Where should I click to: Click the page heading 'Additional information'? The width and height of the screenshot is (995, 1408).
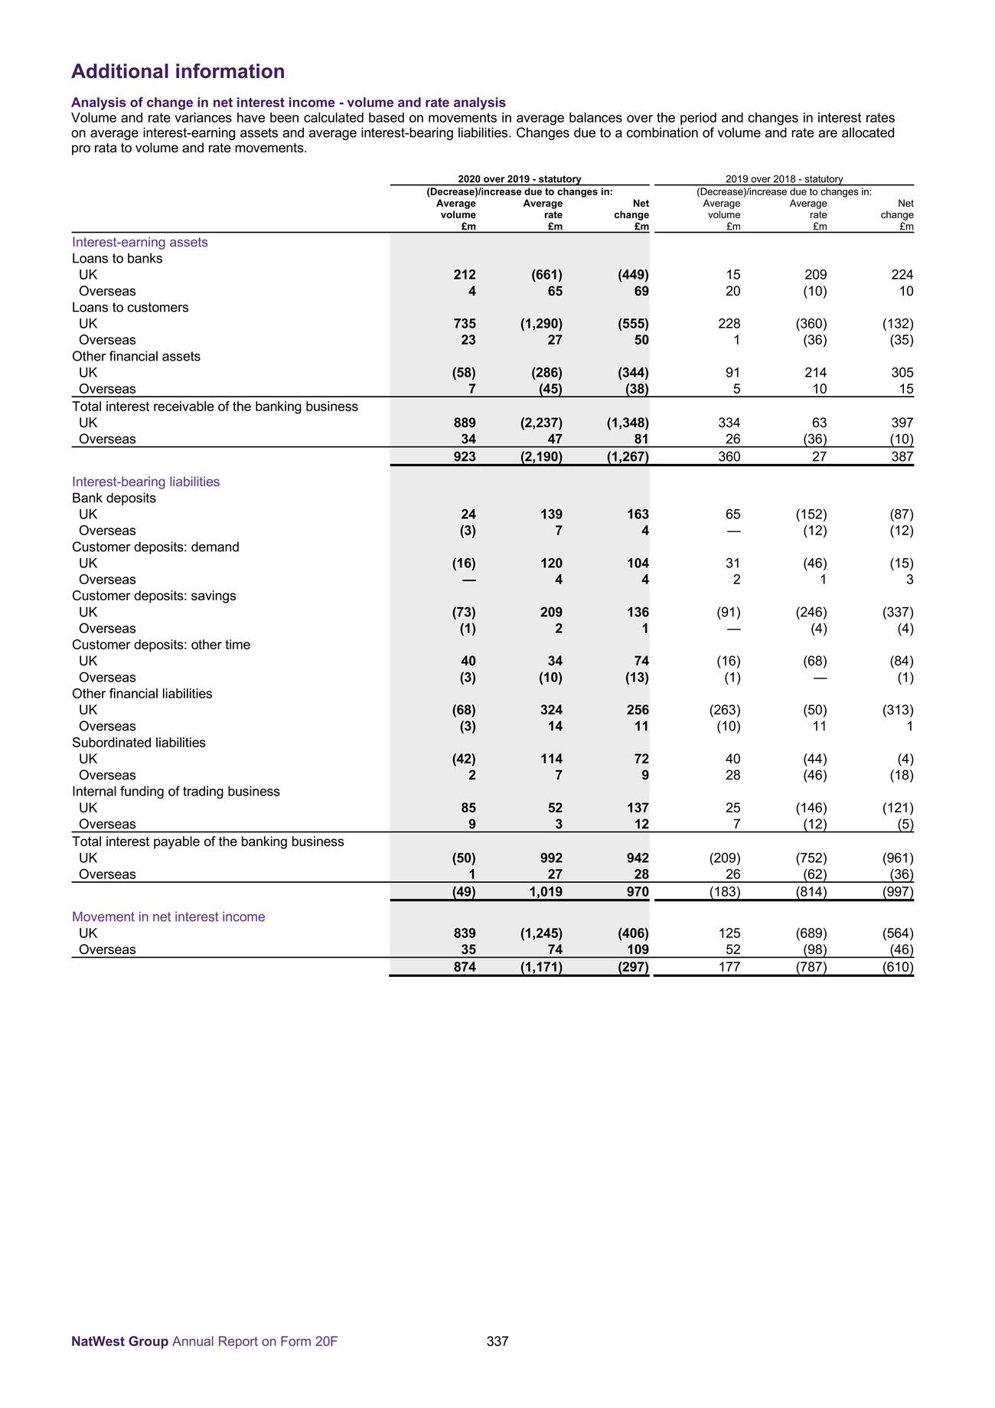click(178, 71)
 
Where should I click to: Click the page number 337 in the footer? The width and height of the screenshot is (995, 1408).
click(497, 1341)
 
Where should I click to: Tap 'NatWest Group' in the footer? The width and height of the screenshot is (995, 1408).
click(119, 1341)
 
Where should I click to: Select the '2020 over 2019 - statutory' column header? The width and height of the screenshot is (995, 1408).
click(519, 179)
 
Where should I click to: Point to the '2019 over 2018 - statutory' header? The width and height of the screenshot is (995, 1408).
click(784, 179)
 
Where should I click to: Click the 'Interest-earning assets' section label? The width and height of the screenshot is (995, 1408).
click(140, 242)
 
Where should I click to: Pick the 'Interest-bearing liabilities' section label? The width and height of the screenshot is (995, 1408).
click(145, 482)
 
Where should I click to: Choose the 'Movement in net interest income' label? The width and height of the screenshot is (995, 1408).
click(168, 916)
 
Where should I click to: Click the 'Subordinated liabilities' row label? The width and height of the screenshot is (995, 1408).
click(139, 743)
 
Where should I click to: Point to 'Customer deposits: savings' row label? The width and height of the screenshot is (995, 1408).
click(154, 596)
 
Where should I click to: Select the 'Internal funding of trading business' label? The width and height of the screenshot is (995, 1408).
click(176, 792)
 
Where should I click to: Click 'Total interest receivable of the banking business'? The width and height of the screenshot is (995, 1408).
click(215, 407)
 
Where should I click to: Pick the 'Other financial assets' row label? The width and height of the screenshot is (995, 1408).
click(136, 356)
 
